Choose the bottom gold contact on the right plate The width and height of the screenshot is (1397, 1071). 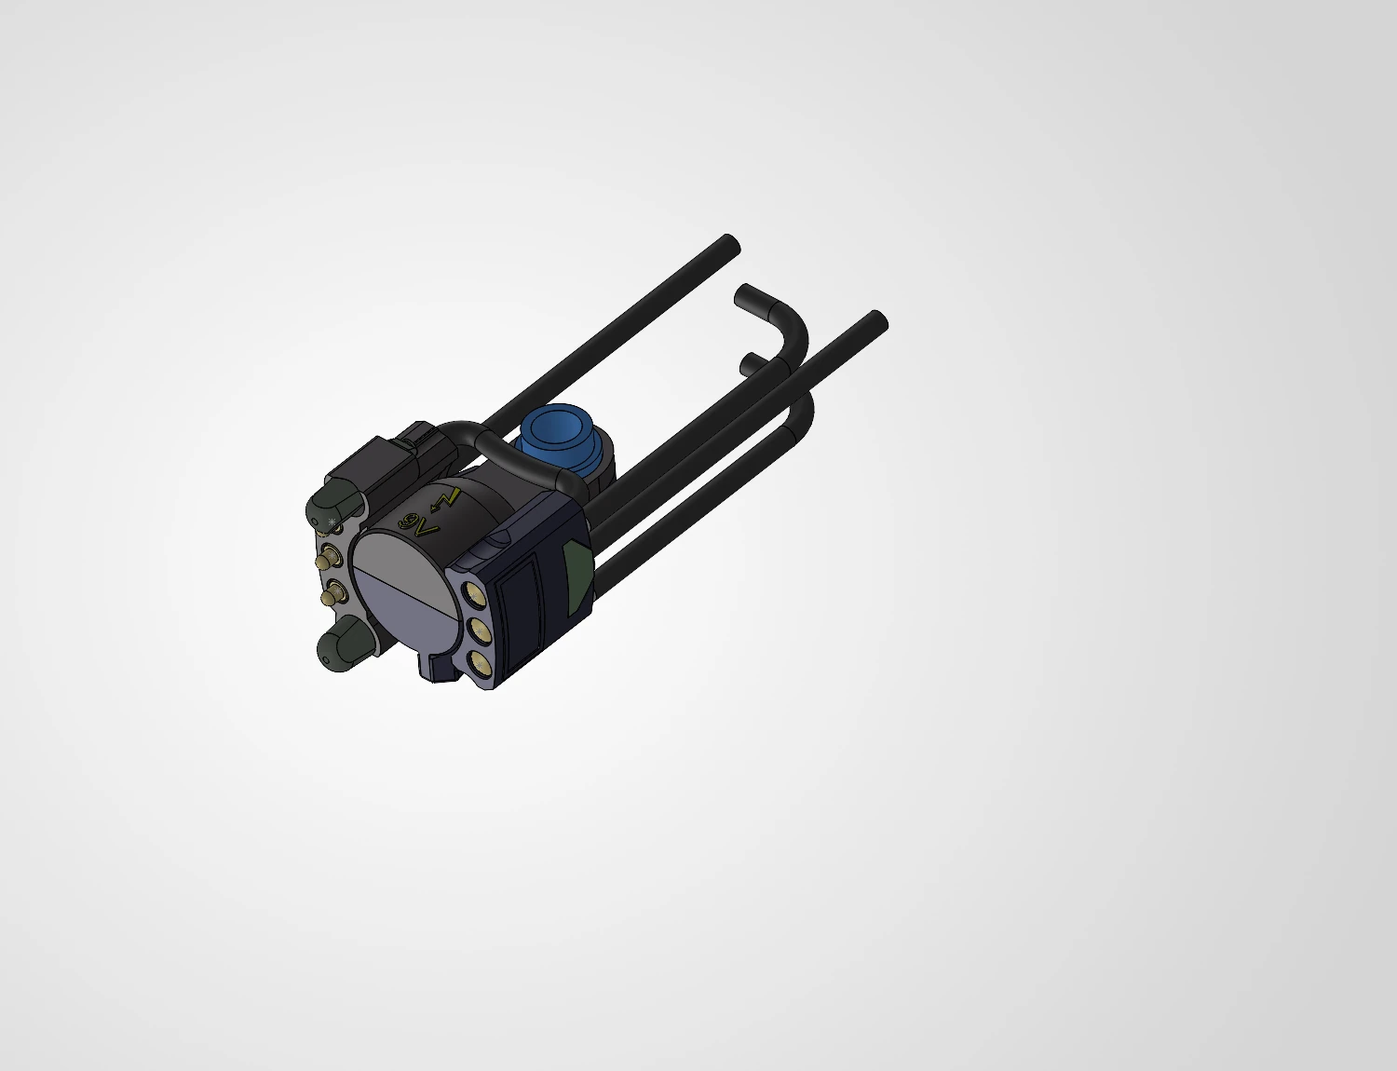pos(481,662)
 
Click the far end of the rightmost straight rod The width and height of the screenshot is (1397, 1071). pos(875,322)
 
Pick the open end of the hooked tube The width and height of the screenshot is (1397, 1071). pos(746,297)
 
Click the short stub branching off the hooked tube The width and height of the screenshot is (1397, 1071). pos(751,361)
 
